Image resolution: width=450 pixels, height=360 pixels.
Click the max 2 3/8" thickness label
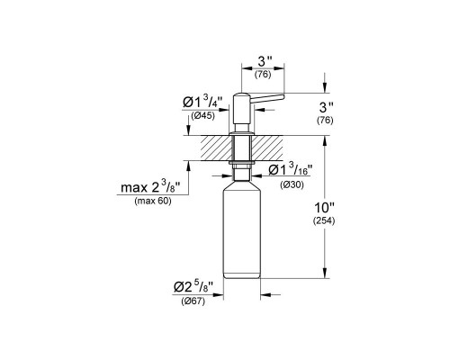(149, 189)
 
